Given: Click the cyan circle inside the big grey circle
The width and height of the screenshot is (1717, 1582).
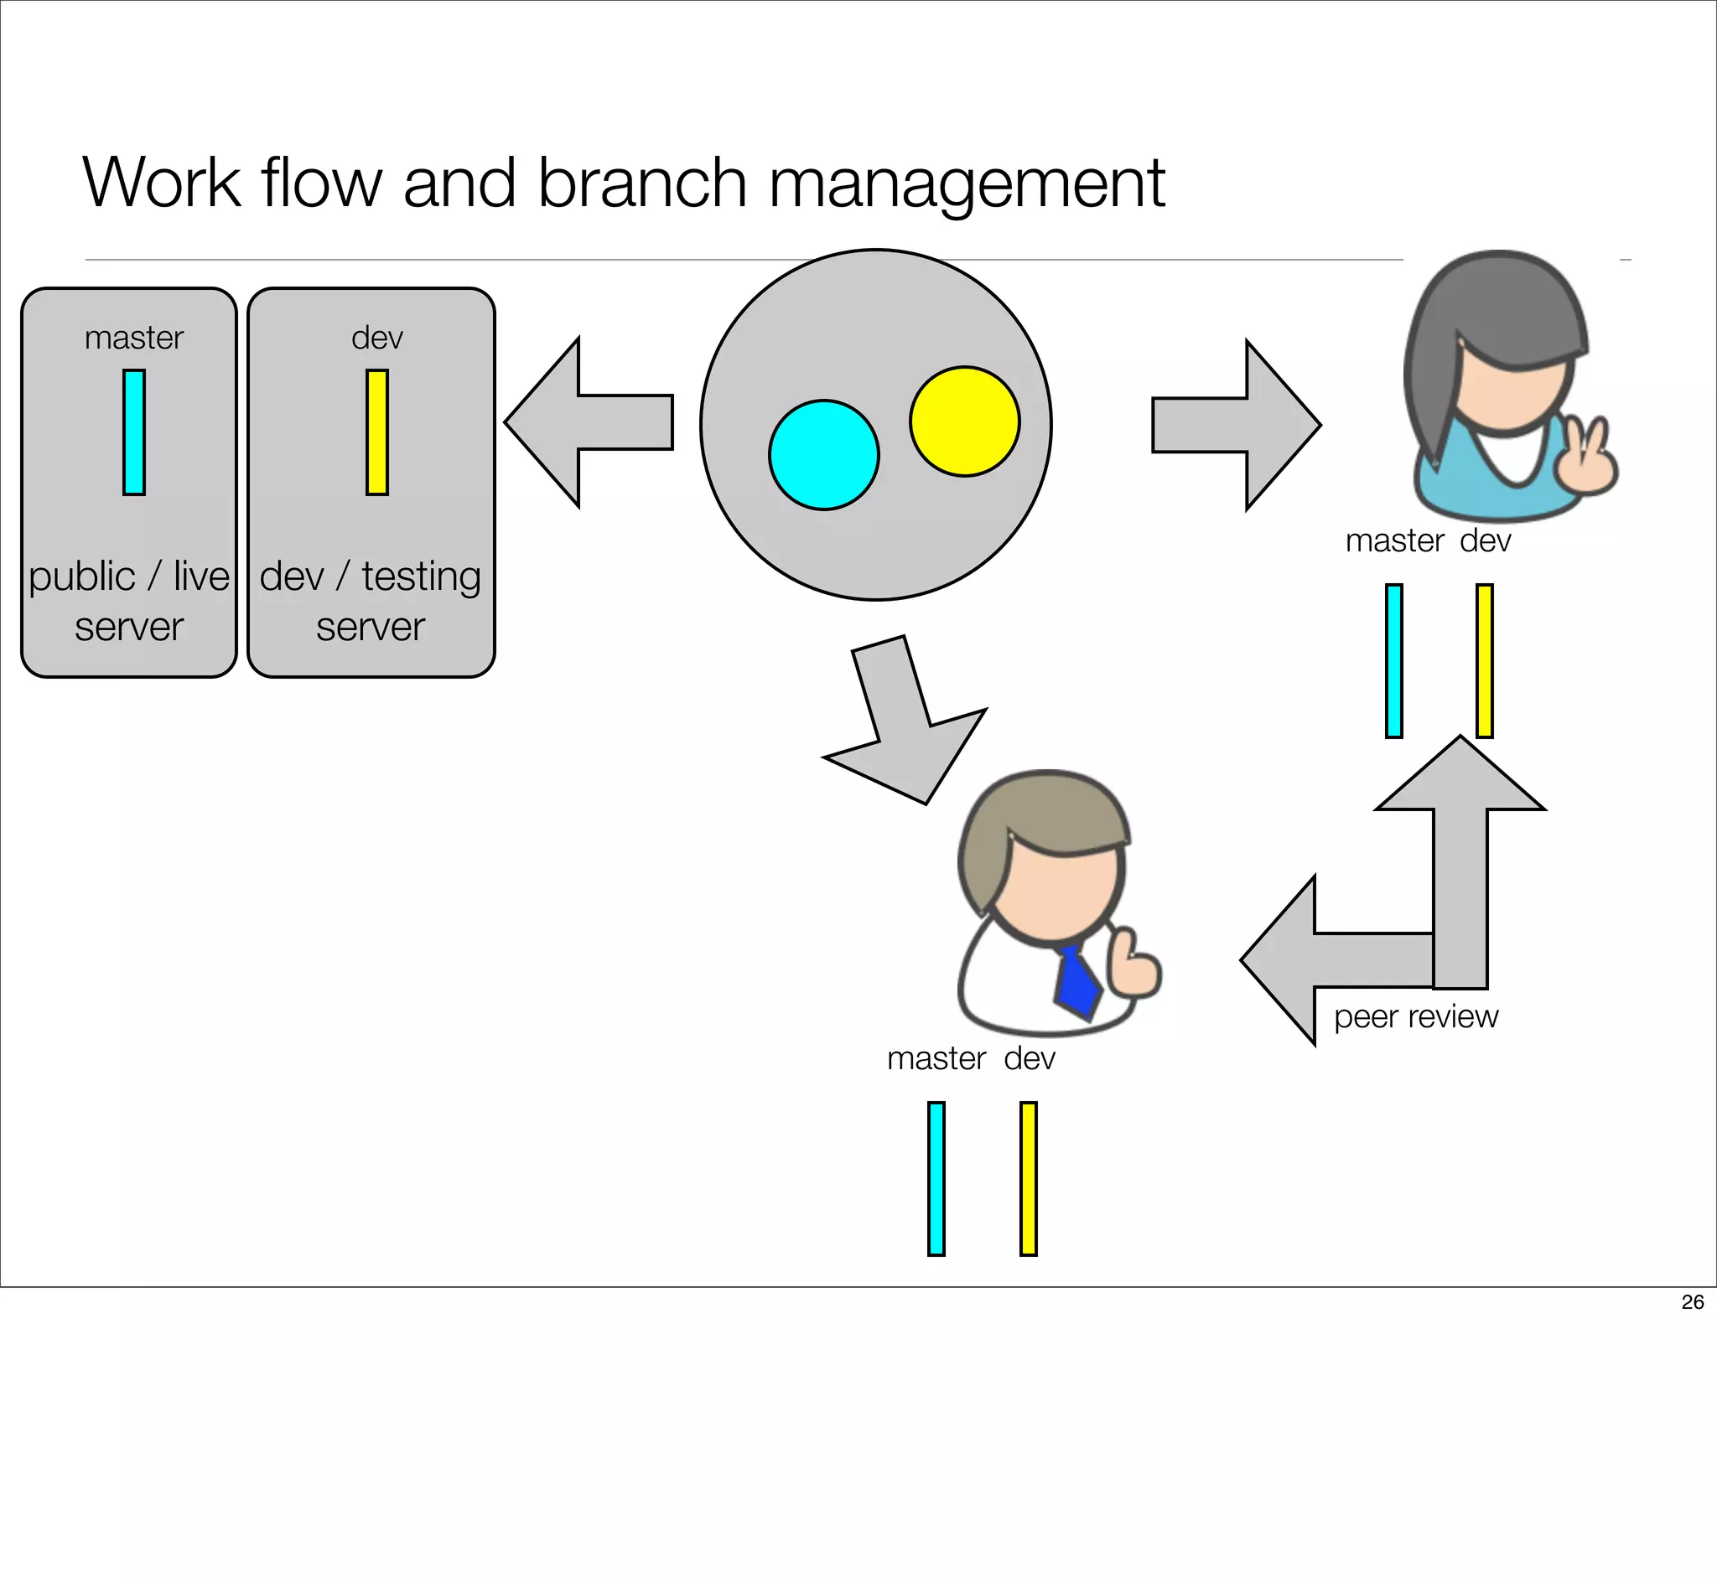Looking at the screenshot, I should coord(824,454).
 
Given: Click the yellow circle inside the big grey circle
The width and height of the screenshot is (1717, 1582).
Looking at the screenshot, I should coord(964,421).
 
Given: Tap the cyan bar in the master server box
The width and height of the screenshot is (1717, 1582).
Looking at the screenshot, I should coord(133,432).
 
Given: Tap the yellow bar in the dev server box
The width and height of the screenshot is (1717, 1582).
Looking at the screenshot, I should coord(376,432).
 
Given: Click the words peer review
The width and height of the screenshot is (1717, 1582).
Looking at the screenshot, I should coord(1415,1016).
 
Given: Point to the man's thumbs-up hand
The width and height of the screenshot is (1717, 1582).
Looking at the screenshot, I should coord(1132,967).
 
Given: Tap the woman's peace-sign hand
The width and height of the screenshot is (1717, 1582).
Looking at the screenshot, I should coord(1586,458).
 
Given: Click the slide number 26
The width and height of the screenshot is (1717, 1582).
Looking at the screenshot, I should coord(1692,1301).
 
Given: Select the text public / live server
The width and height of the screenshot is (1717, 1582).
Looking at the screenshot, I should coord(128,600).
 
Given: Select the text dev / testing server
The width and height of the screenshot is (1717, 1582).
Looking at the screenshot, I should coord(370,600).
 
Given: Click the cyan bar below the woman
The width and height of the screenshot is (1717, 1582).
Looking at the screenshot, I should coord(1394,660).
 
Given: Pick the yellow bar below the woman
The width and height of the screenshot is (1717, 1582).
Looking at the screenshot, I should coord(1484,660).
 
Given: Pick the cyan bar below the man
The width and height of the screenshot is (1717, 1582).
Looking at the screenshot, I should coord(936,1178).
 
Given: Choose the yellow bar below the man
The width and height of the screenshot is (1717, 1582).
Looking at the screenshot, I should coord(1028,1178).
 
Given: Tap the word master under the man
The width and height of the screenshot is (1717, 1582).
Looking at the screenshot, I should coord(936,1059).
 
